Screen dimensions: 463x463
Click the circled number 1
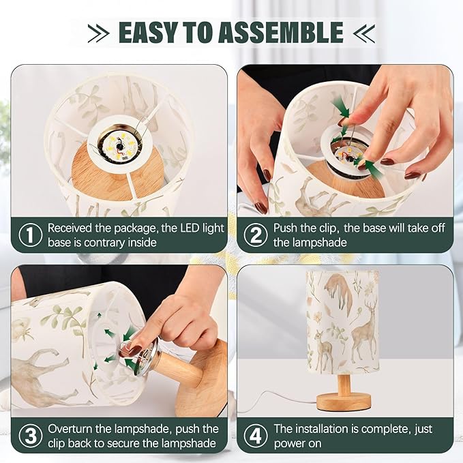pyautogui.click(x=31, y=235)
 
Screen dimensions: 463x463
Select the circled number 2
pyautogui.click(x=256, y=235)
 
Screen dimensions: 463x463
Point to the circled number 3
pyautogui.click(x=31, y=436)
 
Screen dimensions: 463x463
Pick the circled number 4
pyautogui.click(x=256, y=436)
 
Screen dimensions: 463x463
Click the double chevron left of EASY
pyautogui.click(x=99, y=33)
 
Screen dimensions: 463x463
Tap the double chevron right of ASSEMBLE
pyautogui.click(x=364, y=33)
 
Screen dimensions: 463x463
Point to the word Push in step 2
pyautogui.click(x=286, y=228)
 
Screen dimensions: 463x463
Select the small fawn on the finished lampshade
pyautogui.click(x=324, y=350)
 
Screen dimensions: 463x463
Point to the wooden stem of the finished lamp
pyautogui.click(x=344, y=383)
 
